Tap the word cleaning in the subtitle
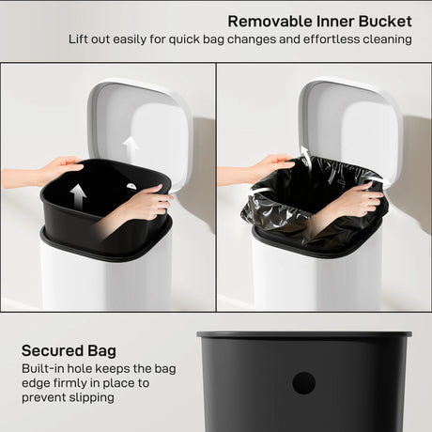pos(386,39)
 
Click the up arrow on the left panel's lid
pos(131,147)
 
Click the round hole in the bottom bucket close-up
pos(303,382)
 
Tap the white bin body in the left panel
pos(103,277)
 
